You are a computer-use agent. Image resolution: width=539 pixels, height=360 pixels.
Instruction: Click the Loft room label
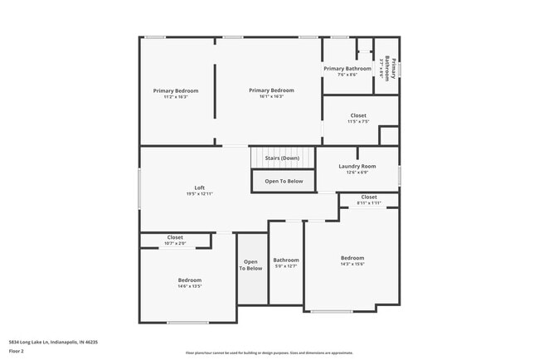[x=199, y=187]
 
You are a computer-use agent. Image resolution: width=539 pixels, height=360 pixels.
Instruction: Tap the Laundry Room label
[x=357, y=166]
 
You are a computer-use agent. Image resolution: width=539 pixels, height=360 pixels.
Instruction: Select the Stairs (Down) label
[x=282, y=158]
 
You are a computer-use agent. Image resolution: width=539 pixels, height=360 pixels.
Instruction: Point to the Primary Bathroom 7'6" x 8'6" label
[x=347, y=68]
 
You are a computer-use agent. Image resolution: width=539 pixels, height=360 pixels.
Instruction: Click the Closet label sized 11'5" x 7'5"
[x=358, y=115]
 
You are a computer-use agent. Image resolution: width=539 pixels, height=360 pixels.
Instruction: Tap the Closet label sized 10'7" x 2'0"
[x=175, y=237]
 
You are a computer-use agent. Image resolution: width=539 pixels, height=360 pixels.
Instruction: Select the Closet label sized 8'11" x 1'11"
[x=368, y=197]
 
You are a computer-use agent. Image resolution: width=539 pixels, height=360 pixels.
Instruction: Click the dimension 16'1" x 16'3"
[x=272, y=96]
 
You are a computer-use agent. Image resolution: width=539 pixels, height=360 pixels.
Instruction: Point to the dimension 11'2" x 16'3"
[x=176, y=96]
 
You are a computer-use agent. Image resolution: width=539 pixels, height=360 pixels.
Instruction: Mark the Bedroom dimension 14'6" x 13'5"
[x=190, y=286]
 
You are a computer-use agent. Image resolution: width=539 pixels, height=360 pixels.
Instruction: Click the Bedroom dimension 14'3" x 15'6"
[x=352, y=264]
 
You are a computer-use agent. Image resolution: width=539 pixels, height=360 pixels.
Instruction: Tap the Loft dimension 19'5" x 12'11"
[x=199, y=193]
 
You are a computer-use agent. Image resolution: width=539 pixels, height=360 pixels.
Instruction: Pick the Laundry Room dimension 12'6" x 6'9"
[x=357, y=173]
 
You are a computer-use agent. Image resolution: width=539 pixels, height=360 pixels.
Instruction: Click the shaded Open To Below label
[x=251, y=265]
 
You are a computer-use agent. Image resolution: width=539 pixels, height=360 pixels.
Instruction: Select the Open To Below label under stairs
[x=284, y=181]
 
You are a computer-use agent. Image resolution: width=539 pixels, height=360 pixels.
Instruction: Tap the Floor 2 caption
[x=17, y=350]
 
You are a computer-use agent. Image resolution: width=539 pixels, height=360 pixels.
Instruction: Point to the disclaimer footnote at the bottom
[x=269, y=353]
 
